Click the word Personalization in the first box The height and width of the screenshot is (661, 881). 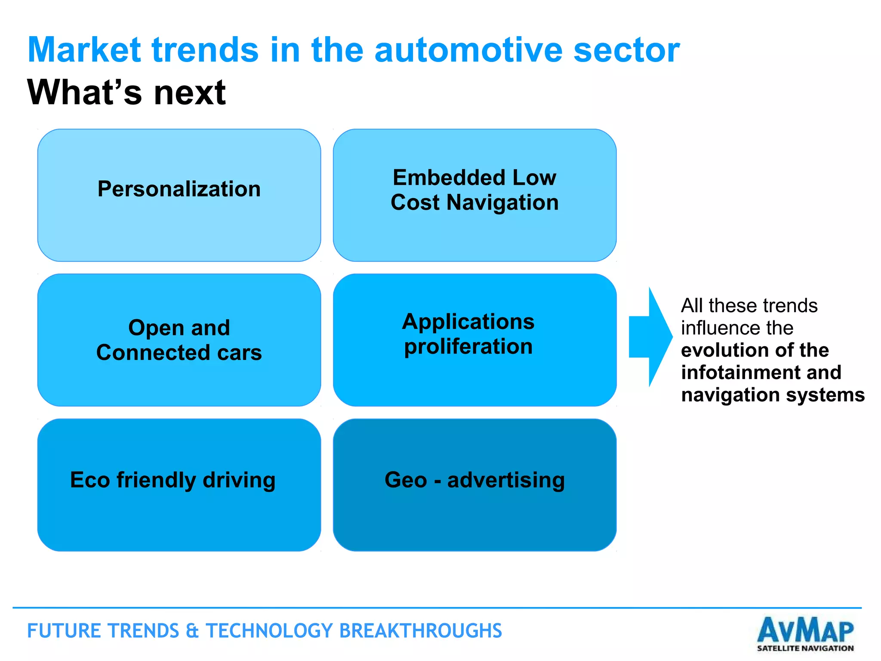(x=179, y=189)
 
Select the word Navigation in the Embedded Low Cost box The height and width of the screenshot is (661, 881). (x=502, y=202)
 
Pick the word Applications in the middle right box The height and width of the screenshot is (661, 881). (x=468, y=322)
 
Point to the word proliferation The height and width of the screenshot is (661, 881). (x=468, y=347)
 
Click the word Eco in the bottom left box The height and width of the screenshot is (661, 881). (x=89, y=480)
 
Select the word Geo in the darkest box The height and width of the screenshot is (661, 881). (x=406, y=480)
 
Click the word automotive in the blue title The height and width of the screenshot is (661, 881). (x=468, y=50)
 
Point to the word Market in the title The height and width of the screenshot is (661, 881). (x=84, y=50)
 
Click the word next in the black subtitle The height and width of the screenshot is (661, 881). (x=190, y=93)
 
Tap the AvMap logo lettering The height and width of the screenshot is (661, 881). (x=805, y=630)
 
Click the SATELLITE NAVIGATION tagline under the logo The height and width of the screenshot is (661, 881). (x=805, y=648)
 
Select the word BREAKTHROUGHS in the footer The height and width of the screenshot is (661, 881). (x=420, y=631)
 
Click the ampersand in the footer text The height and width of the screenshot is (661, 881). (x=192, y=631)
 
